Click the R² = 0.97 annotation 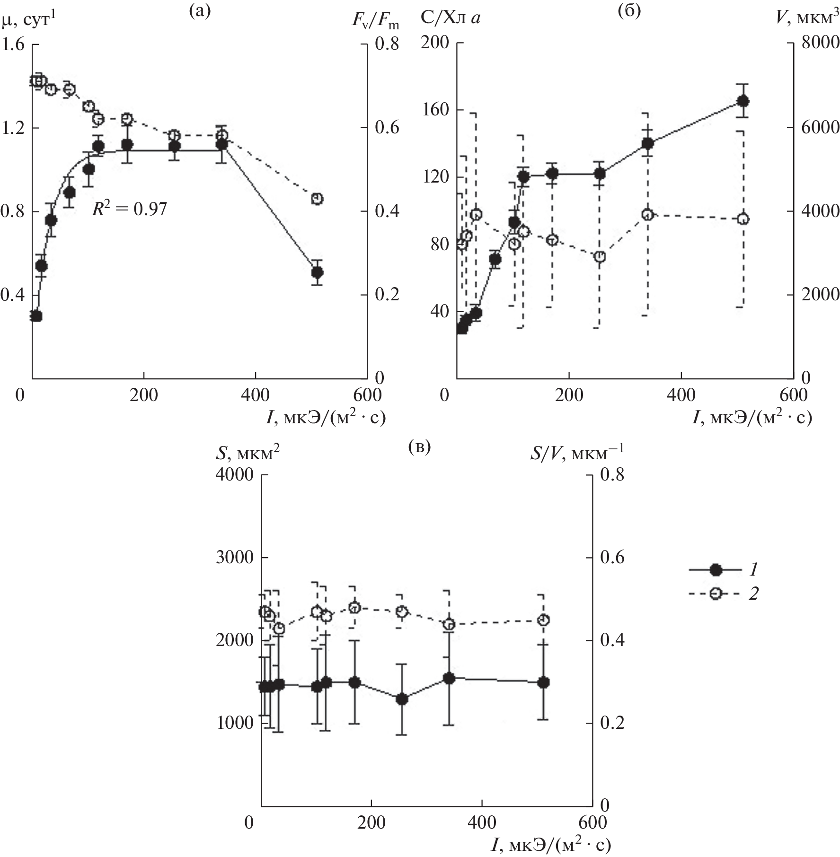(x=129, y=209)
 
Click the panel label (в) (x=419, y=447)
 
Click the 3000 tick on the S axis (x=235, y=558)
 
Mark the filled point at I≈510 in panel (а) (x=317, y=272)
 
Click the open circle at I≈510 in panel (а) (x=317, y=199)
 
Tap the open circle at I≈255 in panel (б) (x=600, y=257)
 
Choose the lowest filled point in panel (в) (x=402, y=700)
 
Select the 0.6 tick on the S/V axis (x=613, y=558)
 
